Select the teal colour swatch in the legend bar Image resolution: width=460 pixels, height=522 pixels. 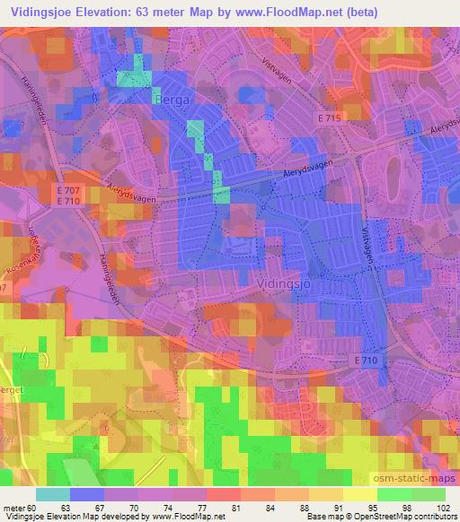pos(53,494)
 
